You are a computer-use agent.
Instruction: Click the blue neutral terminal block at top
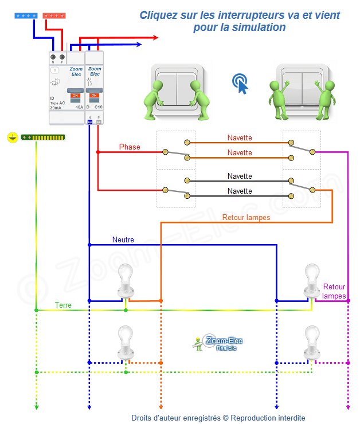[26, 16]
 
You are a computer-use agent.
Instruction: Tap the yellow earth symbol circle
[13, 138]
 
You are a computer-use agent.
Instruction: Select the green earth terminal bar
[43, 138]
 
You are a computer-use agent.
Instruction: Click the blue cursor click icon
[241, 84]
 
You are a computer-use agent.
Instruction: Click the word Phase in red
[130, 147]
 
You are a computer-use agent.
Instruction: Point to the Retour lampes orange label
[246, 218]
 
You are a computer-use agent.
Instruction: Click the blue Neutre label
[123, 240]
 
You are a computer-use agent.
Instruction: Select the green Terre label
[63, 305]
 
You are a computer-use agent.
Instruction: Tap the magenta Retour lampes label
[334, 291]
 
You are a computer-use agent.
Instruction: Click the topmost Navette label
[239, 138]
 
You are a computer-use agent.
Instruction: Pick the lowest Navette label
[239, 191]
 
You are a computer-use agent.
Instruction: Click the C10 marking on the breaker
[98, 107]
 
